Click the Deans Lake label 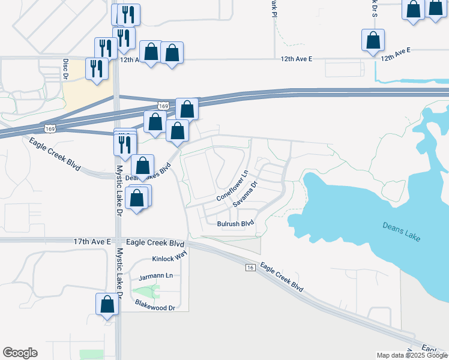click(402, 230)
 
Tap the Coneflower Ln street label click(232, 186)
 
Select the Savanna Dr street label click(245, 194)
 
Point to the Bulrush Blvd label click(235, 224)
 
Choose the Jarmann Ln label click(155, 277)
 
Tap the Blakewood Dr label click(155, 307)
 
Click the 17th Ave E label click(92, 241)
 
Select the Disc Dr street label click(66, 65)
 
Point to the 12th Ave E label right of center click(298, 59)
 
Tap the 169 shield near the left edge click(50, 128)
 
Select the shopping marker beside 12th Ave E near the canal click(373, 41)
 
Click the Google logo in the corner click(20, 353)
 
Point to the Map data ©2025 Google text click(412, 355)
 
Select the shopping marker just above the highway click(187, 109)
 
